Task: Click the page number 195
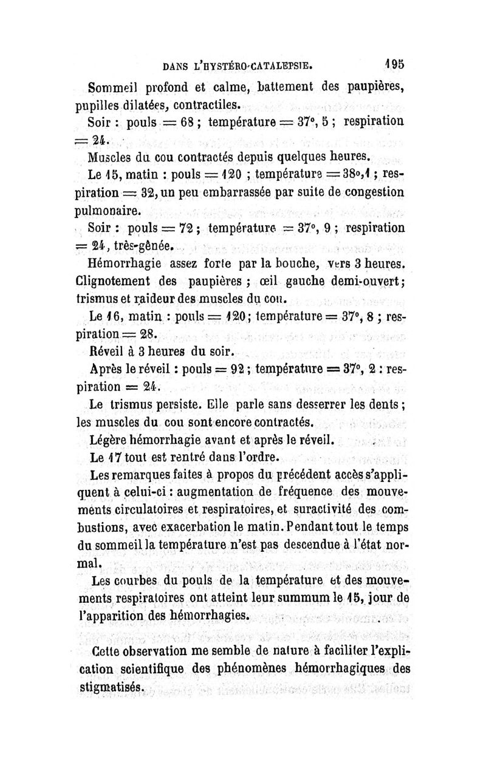click(x=398, y=64)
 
